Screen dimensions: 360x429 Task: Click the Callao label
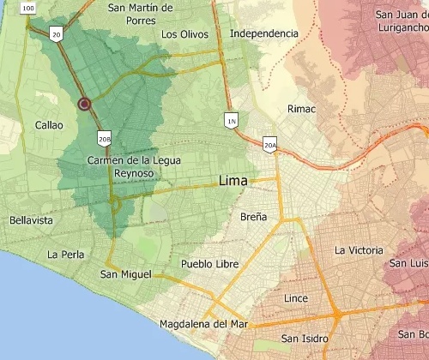click(x=49, y=125)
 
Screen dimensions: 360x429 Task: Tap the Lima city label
click(x=233, y=182)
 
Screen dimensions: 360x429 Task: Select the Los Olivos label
click(x=184, y=35)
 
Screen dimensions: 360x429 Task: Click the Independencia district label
click(x=264, y=33)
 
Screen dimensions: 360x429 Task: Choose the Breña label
click(x=253, y=217)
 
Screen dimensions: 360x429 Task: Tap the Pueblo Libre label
click(x=209, y=264)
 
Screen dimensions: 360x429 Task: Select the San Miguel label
click(x=125, y=274)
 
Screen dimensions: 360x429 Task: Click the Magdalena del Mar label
click(x=203, y=324)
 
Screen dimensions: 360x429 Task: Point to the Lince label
click(x=295, y=298)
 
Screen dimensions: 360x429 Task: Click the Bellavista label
click(x=31, y=220)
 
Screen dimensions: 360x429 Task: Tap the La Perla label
click(x=64, y=255)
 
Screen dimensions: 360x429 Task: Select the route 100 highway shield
click(x=28, y=8)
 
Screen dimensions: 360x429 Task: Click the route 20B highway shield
click(x=105, y=139)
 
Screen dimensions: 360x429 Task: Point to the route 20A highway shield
click(x=270, y=147)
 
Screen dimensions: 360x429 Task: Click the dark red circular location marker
click(x=84, y=104)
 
